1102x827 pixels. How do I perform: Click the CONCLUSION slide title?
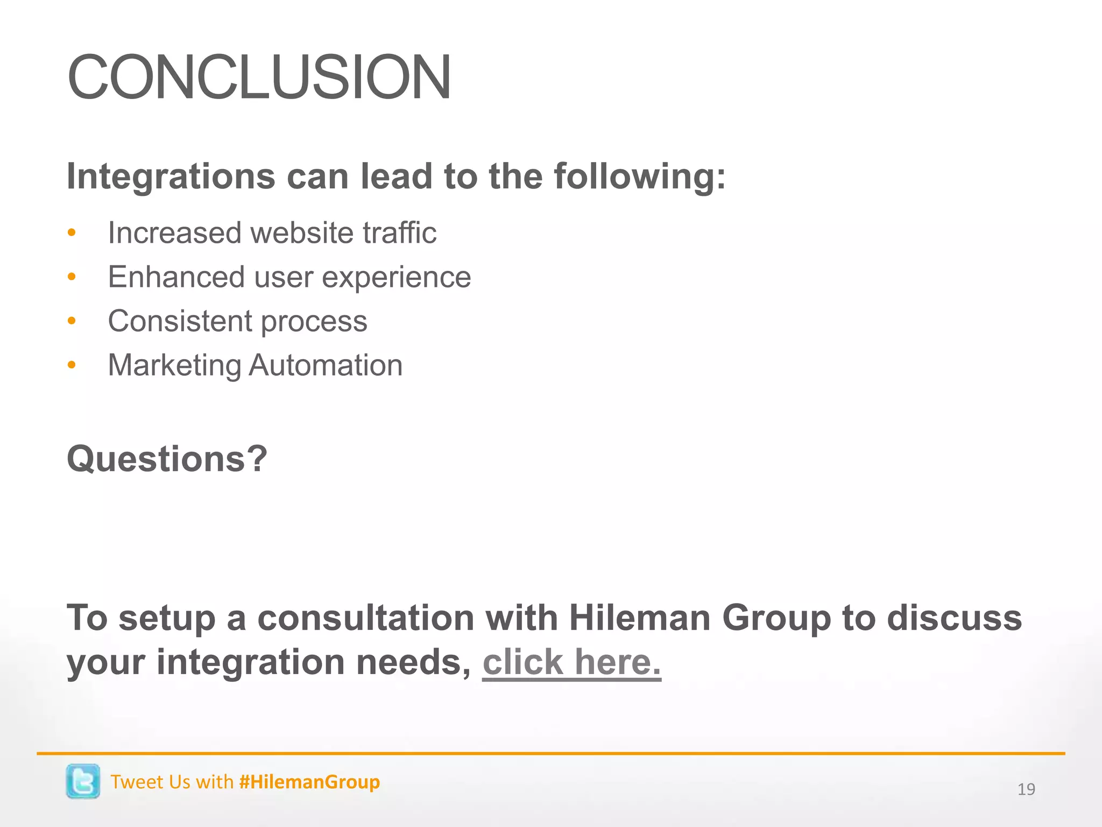click(x=259, y=78)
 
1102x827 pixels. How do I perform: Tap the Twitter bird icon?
click(x=83, y=781)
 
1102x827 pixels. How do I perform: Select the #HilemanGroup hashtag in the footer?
click(x=309, y=782)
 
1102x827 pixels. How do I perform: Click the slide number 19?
click(x=1026, y=789)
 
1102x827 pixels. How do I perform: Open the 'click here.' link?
click(x=571, y=662)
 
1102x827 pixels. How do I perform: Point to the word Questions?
click(x=167, y=459)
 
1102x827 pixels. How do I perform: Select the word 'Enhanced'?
click(x=176, y=277)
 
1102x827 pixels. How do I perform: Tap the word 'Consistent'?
click(x=180, y=321)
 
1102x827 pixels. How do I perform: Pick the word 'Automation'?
click(x=326, y=366)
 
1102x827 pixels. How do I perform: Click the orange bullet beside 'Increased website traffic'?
click(x=72, y=234)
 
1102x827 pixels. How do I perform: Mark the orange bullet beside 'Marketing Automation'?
click(x=72, y=366)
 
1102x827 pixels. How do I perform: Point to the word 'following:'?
click(x=640, y=177)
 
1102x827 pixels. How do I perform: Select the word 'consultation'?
click(x=366, y=618)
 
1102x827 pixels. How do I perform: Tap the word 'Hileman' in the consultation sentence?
click(x=640, y=618)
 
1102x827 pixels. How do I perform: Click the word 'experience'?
click(x=397, y=277)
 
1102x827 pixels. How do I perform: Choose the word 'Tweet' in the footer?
click(x=135, y=782)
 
